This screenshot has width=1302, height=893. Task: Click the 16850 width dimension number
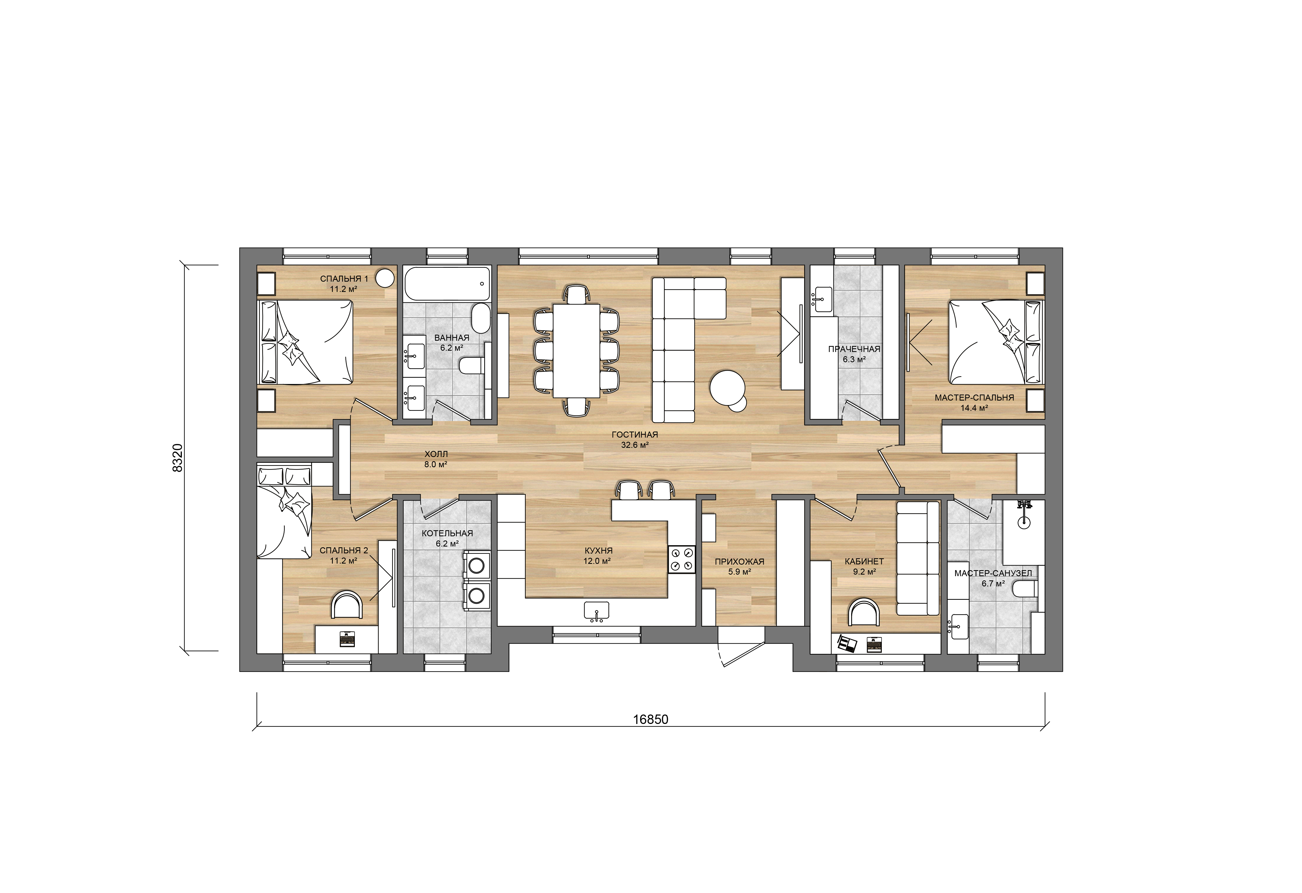point(650,719)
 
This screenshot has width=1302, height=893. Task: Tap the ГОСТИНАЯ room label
point(635,434)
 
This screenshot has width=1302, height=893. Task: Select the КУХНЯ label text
point(598,551)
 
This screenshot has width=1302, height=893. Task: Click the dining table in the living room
point(577,351)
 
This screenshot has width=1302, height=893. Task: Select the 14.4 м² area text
point(974,408)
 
